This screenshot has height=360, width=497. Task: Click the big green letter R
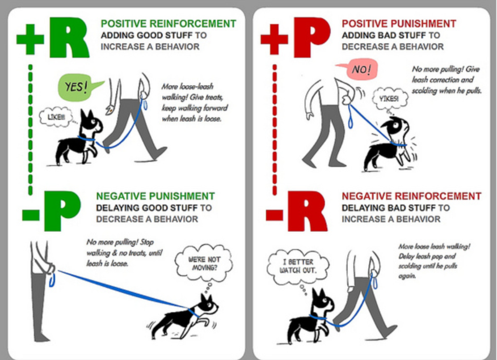(x=69, y=37)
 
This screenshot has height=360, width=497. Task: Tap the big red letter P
(x=310, y=37)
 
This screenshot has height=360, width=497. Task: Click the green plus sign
(x=29, y=39)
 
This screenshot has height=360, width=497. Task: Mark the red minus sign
(x=274, y=215)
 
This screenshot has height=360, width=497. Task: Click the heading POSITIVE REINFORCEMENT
(x=168, y=24)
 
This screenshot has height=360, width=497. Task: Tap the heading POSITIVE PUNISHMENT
(x=398, y=24)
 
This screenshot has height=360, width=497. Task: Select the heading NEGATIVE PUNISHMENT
(x=155, y=196)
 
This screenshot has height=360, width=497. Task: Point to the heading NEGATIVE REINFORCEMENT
(x=411, y=196)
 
